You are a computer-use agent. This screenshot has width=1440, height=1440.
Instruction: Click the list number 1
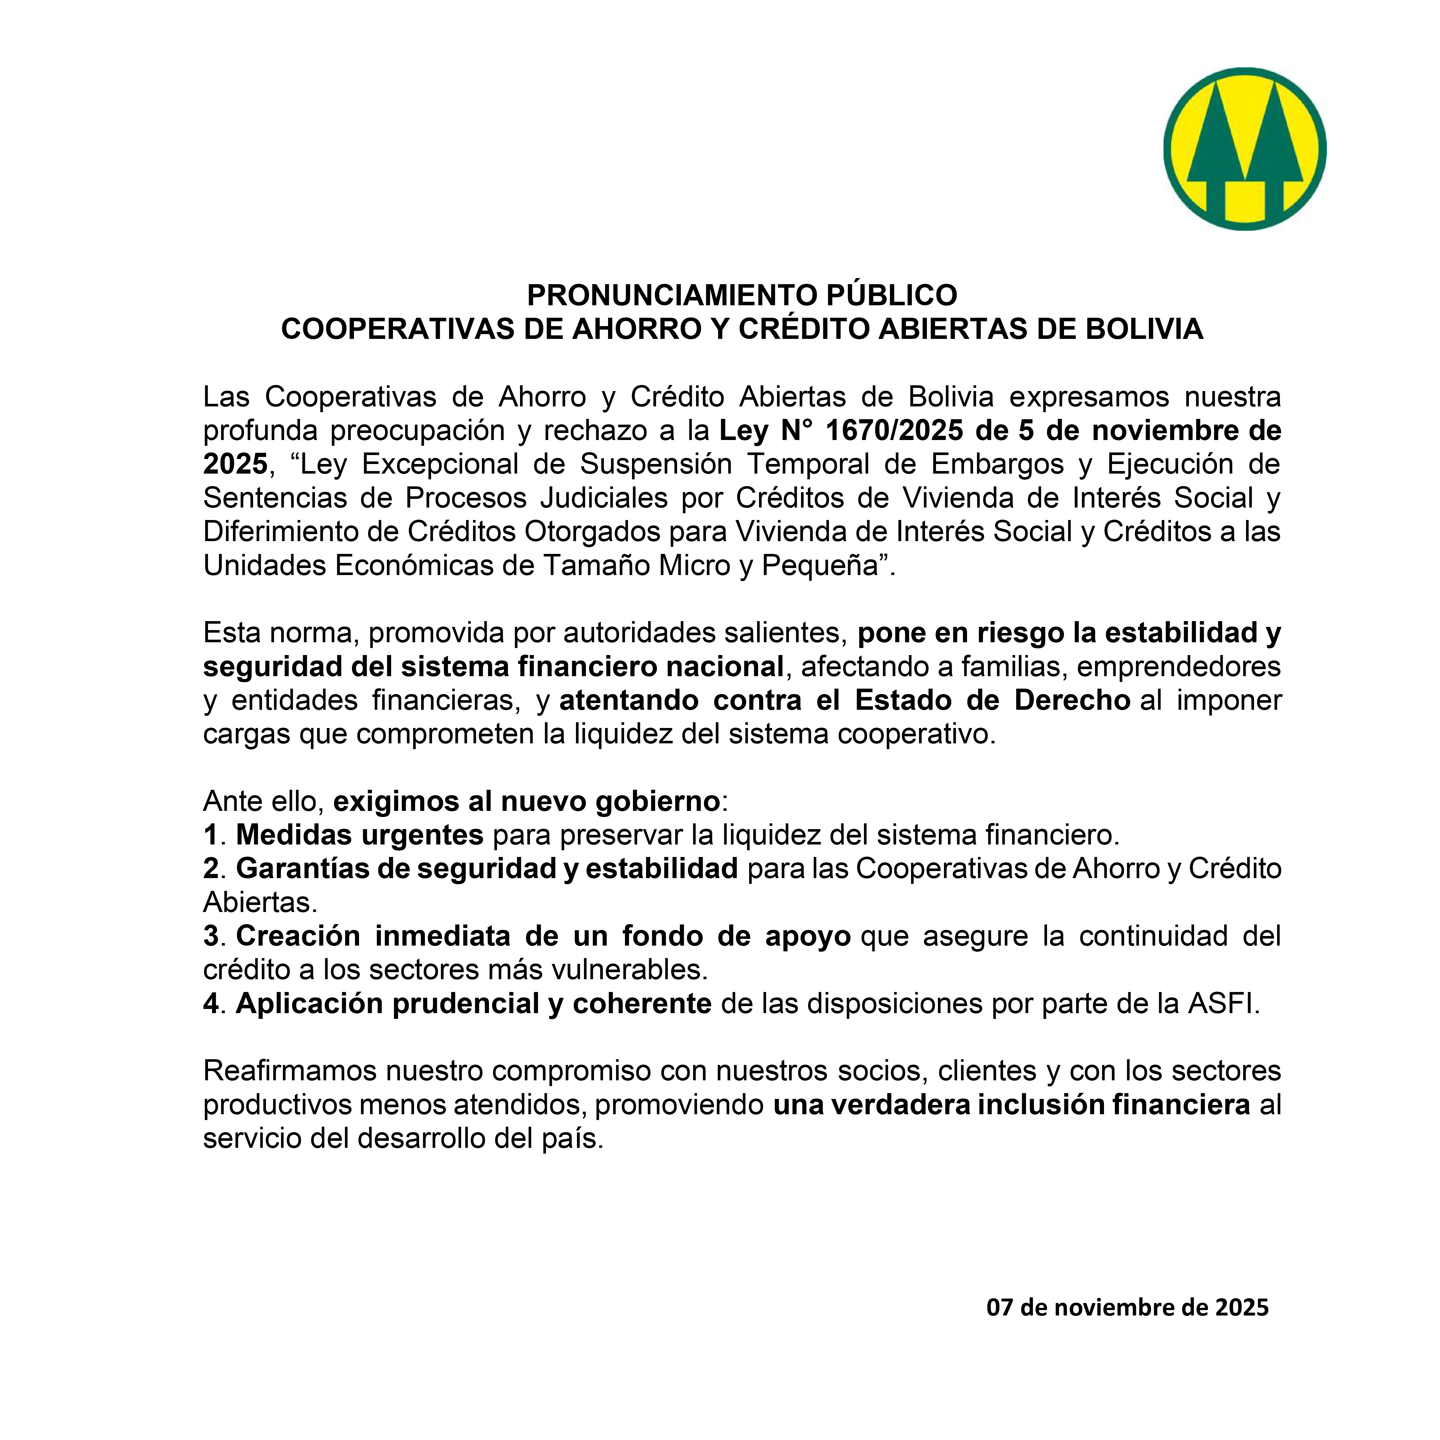(210, 835)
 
